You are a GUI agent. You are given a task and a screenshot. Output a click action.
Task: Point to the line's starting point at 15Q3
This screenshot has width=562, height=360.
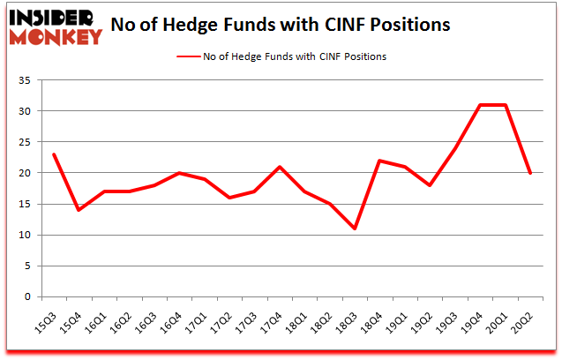[x=54, y=154]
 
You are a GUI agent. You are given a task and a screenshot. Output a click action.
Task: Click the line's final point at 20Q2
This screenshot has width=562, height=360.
[x=530, y=173]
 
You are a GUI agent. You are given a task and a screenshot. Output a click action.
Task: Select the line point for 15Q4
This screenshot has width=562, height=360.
[x=79, y=210]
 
